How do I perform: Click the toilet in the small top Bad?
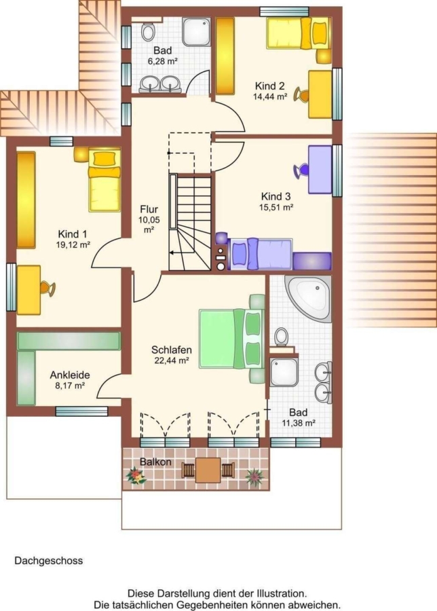click(x=148, y=32)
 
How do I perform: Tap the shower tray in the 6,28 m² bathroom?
click(x=196, y=31)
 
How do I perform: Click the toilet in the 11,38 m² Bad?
click(x=281, y=337)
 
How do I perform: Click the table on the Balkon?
click(x=208, y=470)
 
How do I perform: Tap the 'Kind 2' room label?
click(x=270, y=86)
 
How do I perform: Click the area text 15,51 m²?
click(x=276, y=207)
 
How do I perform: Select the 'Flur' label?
click(x=149, y=209)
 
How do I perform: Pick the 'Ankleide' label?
click(x=70, y=375)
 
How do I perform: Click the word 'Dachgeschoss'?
click(x=49, y=561)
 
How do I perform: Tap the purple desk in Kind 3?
click(x=320, y=170)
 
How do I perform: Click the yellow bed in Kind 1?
click(x=104, y=180)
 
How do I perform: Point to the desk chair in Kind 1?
click(x=47, y=289)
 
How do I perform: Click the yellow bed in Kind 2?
click(x=299, y=33)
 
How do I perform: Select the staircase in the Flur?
click(x=190, y=222)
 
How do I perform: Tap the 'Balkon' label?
click(x=156, y=462)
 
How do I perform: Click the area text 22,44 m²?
click(x=172, y=360)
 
